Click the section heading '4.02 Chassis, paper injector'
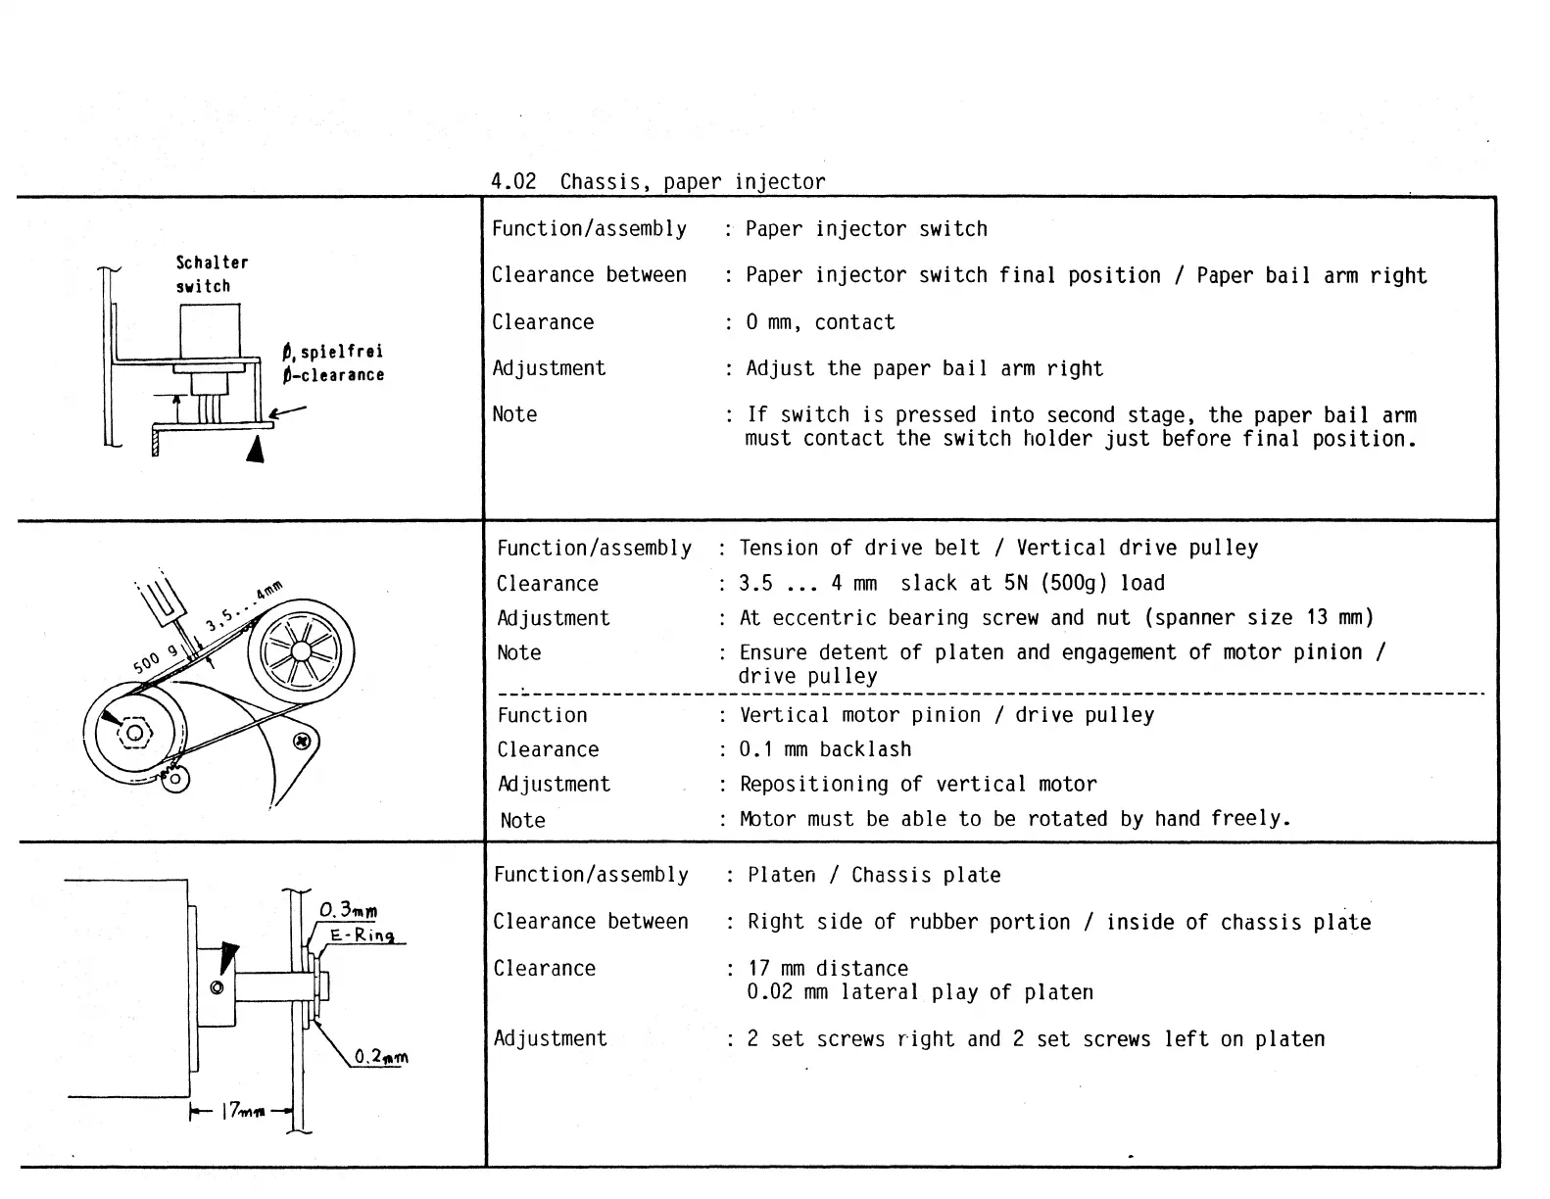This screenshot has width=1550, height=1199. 657,182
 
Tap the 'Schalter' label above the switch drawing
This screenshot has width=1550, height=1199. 212,263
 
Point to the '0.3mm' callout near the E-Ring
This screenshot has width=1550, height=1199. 348,911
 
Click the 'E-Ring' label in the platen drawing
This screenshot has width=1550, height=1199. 362,935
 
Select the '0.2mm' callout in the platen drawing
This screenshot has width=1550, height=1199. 380,1057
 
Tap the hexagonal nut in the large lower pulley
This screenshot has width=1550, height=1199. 135,733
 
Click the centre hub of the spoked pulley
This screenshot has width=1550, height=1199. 300,650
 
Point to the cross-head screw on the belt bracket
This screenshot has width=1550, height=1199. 302,742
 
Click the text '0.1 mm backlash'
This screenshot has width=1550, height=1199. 825,749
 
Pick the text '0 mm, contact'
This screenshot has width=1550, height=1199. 820,322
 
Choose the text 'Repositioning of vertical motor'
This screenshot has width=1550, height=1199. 918,784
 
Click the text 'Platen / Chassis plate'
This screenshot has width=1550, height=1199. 874,875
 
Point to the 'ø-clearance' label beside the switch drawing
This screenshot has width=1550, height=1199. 333,375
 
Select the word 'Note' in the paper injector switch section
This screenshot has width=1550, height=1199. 514,414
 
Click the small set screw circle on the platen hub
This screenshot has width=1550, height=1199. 218,987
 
